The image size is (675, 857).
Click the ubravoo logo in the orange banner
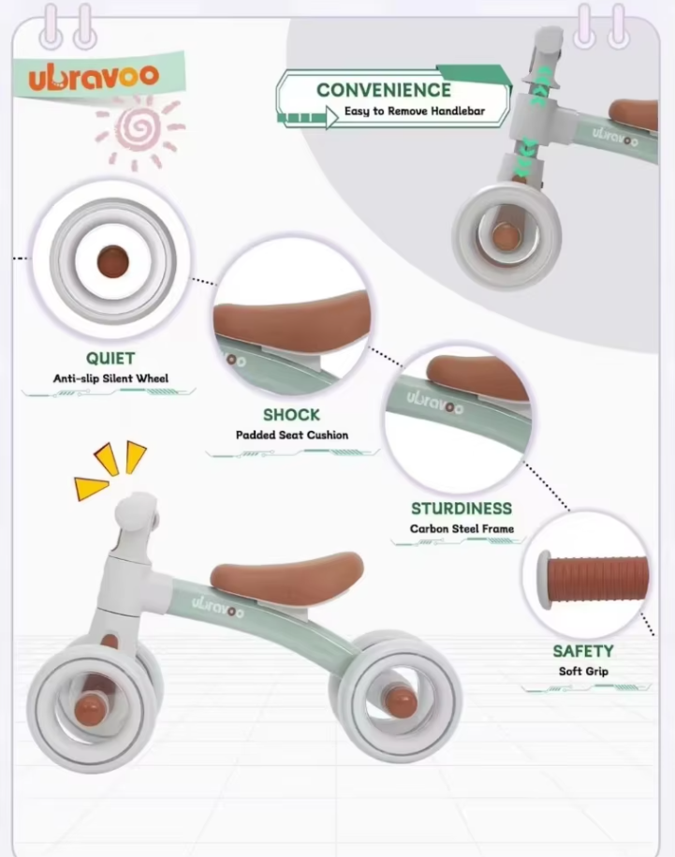coord(93,77)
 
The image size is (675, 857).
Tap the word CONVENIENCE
coord(383,90)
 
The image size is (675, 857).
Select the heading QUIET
coord(110,358)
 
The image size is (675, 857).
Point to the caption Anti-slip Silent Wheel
coord(110,378)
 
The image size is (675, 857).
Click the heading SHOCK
coord(291,414)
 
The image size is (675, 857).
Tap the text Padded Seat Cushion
coord(291,435)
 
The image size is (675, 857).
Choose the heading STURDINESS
coord(462,509)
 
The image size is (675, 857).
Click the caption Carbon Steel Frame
coord(462,529)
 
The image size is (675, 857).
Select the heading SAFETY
coord(583,651)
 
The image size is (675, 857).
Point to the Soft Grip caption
coord(583,672)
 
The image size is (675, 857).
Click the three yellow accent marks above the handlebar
coord(110,468)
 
